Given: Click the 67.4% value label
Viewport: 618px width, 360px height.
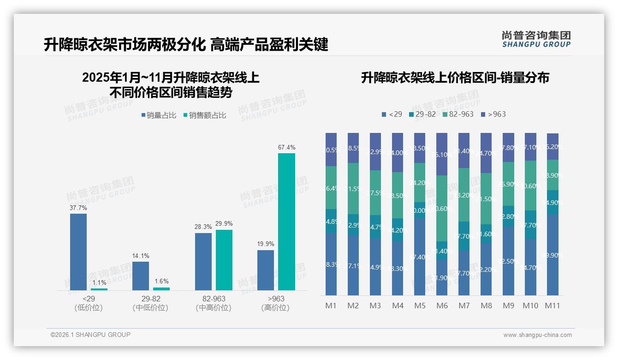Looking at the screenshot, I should click(x=286, y=147).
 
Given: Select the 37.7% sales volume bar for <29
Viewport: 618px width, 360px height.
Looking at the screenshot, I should click(x=78, y=252).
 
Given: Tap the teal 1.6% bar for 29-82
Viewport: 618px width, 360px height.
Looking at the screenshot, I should click(x=161, y=289).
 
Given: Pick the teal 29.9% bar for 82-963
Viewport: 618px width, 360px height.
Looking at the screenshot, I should click(x=224, y=260).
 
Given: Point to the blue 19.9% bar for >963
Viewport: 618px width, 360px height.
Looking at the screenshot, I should click(x=266, y=270).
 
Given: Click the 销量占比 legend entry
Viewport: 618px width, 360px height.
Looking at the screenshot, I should click(x=159, y=115).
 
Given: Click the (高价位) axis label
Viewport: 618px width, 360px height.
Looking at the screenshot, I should click(x=275, y=308).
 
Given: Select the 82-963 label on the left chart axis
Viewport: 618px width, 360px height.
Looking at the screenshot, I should click(x=214, y=299).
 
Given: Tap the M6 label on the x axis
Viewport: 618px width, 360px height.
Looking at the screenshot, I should click(x=441, y=306).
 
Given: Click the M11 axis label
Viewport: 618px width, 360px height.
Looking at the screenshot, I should click(x=552, y=306).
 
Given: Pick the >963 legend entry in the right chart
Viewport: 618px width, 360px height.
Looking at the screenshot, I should click(x=493, y=114).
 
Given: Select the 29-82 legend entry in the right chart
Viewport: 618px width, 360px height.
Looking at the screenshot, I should click(x=422, y=114).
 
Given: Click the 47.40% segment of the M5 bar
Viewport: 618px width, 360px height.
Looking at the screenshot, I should click(x=420, y=256).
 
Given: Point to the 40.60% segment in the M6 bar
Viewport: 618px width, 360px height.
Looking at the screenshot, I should click(x=442, y=209).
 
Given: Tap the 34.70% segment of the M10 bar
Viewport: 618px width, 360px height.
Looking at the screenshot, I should click(x=530, y=267).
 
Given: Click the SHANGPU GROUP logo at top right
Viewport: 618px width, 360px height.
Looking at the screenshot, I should click(x=536, y=39).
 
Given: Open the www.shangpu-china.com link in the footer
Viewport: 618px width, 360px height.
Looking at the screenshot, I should click(x=537, y=335).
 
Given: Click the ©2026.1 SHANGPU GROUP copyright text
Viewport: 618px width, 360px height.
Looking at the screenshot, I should click(x=90, y=335).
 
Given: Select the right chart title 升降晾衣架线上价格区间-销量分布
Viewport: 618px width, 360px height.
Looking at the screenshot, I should click(x=455, y=78).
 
